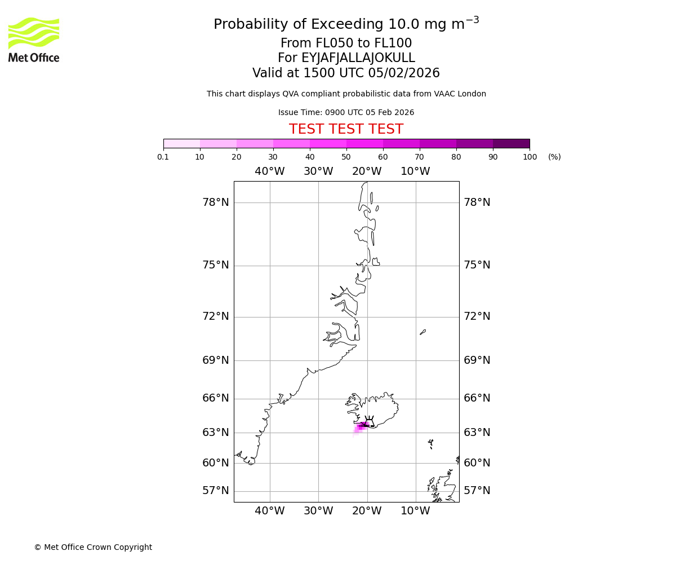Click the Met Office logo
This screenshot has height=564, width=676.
[34, 39]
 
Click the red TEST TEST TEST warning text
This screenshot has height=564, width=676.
[346, 129]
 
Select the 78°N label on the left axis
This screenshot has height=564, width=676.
[216, 202]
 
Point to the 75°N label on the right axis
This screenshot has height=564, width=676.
[477, 265]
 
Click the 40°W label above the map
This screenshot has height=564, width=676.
[270, 171]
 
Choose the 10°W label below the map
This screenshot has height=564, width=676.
[415, 511]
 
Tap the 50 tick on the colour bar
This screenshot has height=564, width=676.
[346, 157]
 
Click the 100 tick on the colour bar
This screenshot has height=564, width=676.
[530, 157]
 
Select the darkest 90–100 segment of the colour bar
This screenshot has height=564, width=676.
[511, 143]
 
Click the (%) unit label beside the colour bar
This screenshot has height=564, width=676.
[554, 157]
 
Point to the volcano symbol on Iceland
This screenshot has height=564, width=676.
[369, 421]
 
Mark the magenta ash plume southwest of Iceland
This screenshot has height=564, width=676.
[359, 428]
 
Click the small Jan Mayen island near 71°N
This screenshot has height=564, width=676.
[422, 332]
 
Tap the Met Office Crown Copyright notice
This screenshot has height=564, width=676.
[93, 547]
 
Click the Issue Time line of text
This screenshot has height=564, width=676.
[346, 113]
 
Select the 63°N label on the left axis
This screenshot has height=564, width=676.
[216, 433]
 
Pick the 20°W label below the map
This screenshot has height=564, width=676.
[367, 511]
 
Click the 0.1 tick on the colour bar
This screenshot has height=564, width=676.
[163, 157]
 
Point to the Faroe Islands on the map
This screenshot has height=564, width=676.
[430, 443]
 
